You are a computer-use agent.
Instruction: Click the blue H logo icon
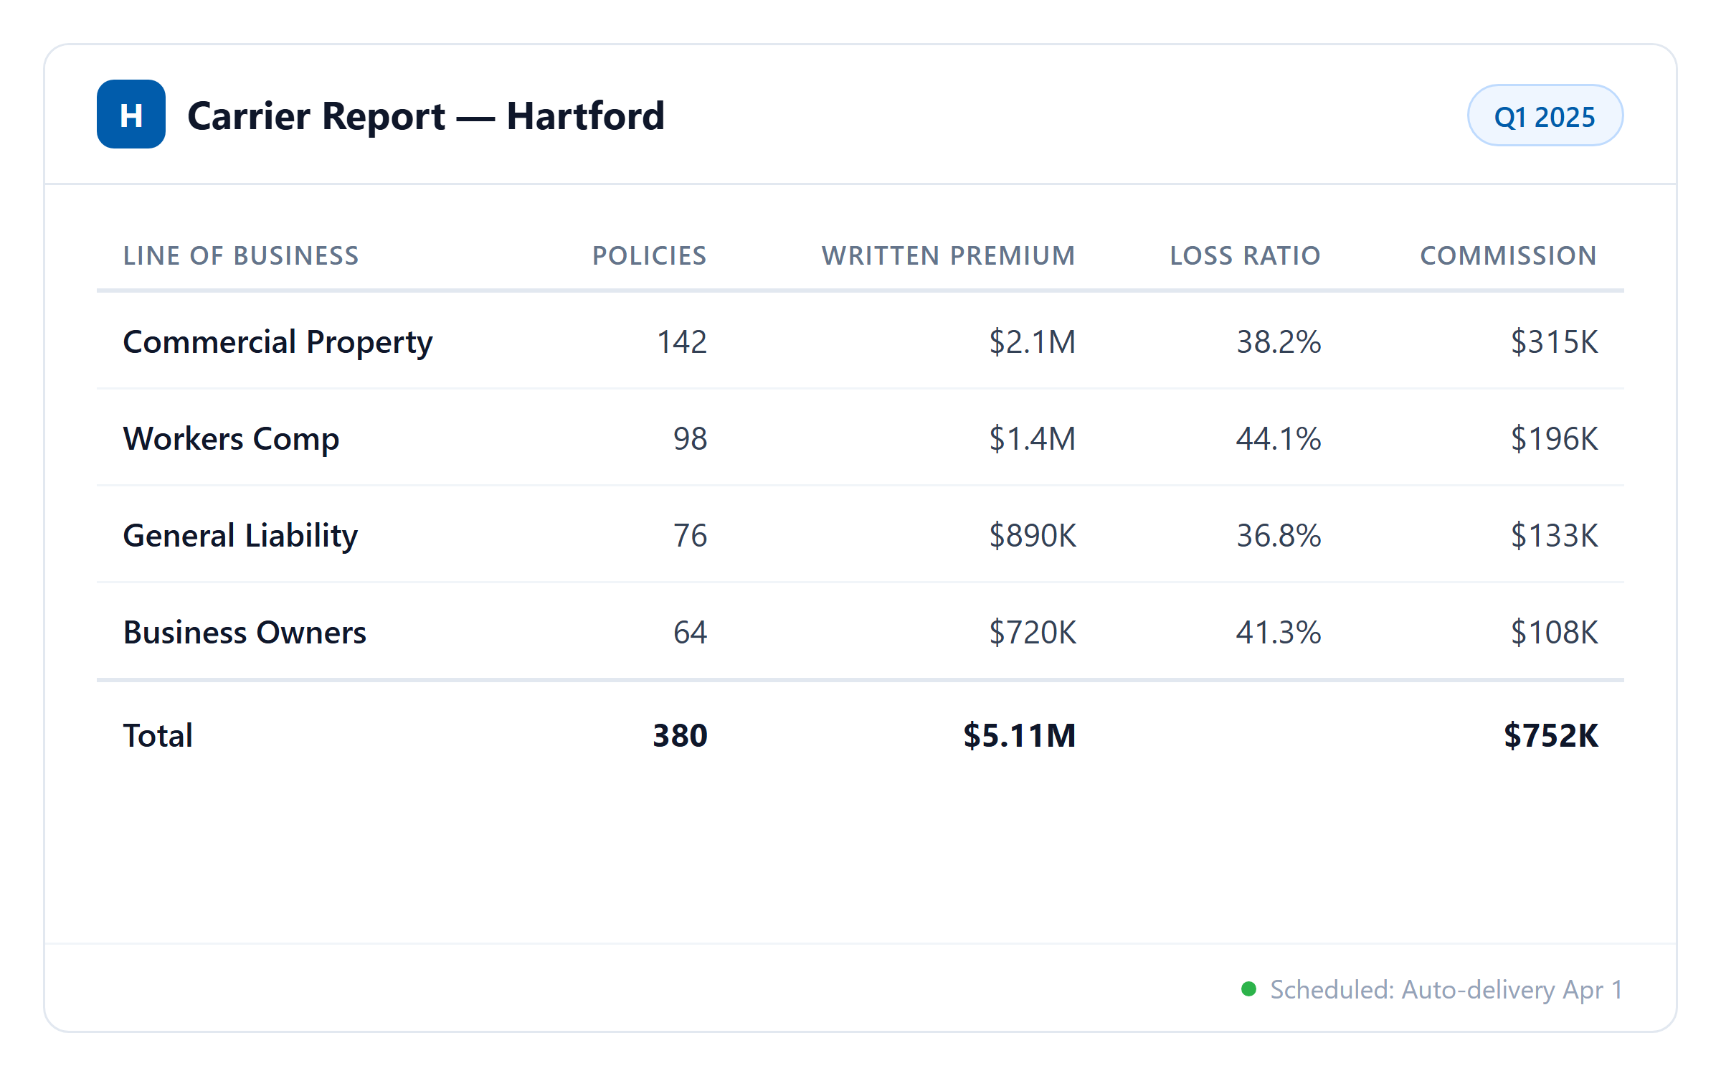pyautogui.click(x=131, y=114)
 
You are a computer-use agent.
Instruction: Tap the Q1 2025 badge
pyautogui.click(x=1545, y=116)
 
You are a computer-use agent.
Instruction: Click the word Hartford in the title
pyautogui.click(x=585, y=116)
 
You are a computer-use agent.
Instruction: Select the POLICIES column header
pyautogui.click(x=649, y=255)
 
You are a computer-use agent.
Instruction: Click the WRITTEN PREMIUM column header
pyautogui.click(x=948, y=255)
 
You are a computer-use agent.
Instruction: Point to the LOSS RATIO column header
pyautogui.click(x=1245, y=255)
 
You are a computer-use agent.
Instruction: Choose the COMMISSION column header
pyautogui.click(x=1508, y=255)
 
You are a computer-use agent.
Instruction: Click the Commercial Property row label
pyautogui.click(x=278, y=341)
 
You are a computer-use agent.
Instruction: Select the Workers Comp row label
pyautogui.click(x=231, y=438)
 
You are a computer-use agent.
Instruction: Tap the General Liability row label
pyautogui.click(x=240, y=535)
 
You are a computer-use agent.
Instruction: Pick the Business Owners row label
pyautogui.click(x=245, y=632)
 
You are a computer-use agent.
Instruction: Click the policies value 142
pyautogui.click(x=682, y=341)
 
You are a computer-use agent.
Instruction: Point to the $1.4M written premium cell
pyautogui.click(x=1032, y=438)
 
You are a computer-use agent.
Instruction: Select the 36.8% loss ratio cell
pyautogui.click(x=1279, y=535)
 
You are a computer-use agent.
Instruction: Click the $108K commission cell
pyautogui.click(x=1554, y=632)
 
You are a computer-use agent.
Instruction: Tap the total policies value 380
pyautogui.click(x=680, y=735)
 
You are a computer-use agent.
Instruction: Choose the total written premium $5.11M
pyautogui.click(x=1019, y=735)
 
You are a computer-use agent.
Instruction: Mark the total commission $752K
pyautogui.click(x=1550, y=735)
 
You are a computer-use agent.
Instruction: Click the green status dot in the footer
pyautogui.click(x=1248, y=989)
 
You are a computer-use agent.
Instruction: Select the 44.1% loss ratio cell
pyautogui.click(x=1279, y=438)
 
